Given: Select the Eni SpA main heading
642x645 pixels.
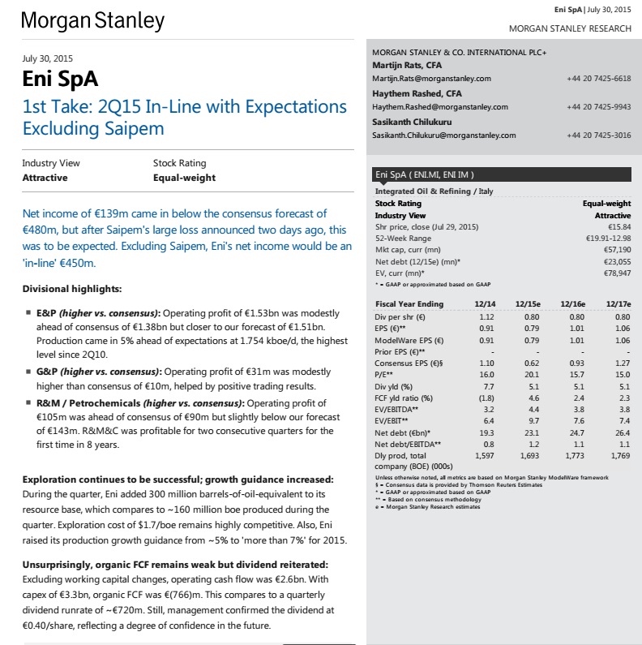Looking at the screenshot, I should tap(61, 80).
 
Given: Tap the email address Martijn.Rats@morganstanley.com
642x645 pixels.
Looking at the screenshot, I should tap(431, 79).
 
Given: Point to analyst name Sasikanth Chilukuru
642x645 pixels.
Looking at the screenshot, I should tap(406, 122).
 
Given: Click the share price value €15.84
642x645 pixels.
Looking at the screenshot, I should tap(618, 227).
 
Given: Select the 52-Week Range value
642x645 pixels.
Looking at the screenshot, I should tap(608, 239).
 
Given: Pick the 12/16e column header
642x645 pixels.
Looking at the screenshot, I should tap(572, 303).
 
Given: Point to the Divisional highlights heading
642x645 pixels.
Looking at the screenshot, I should tap(72, 289).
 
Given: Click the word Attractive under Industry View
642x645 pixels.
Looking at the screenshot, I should tap(45, 178).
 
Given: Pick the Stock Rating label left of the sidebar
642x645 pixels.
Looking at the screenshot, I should tap(179, 163).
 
